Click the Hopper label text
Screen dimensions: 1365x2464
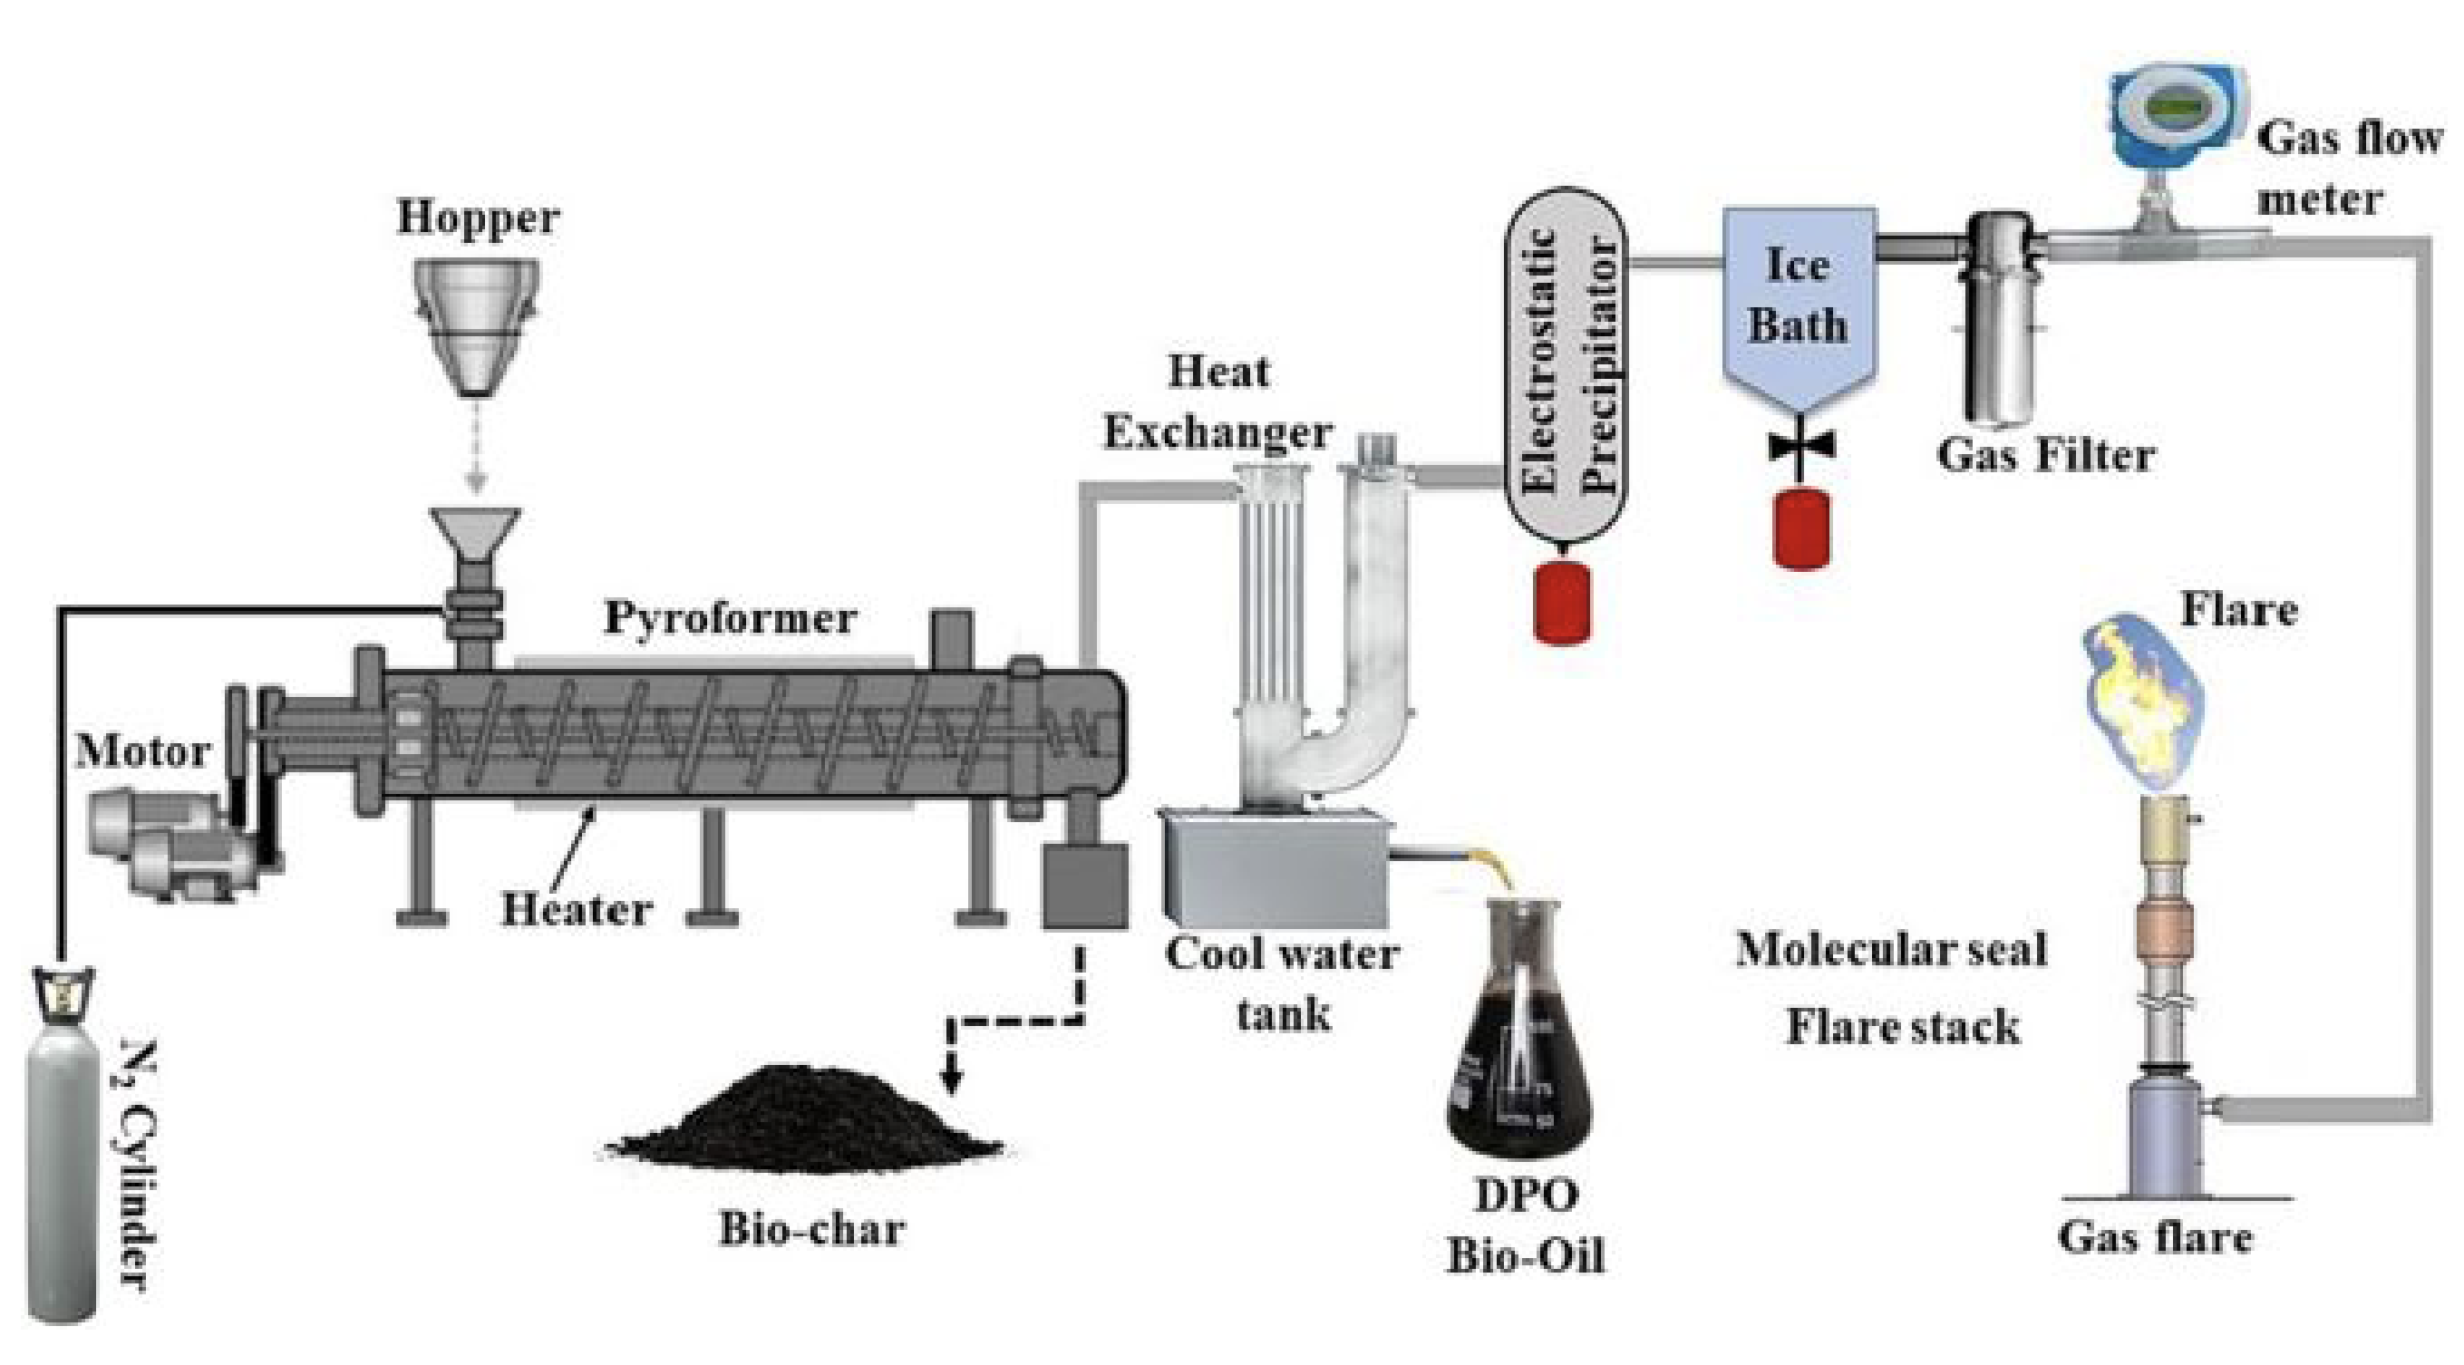click(478, 218)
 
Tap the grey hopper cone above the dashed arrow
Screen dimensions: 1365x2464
click(476, 325)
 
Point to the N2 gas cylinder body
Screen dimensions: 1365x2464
click(63, 1176)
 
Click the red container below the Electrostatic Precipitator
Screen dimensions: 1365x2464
click(1562, 603)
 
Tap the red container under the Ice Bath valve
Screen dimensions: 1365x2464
click(1802, 530)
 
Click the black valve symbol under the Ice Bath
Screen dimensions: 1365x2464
click(1801, 446)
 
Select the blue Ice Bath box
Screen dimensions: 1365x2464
click(1799, 296)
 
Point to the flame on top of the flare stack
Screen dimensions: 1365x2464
click(2142, 708)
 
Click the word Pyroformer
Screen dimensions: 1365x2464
click(730, 618)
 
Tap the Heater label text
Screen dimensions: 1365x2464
click(577, 909)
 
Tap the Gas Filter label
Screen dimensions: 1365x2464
click(2045, 454)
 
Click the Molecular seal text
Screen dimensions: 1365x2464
click(1891, 950)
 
